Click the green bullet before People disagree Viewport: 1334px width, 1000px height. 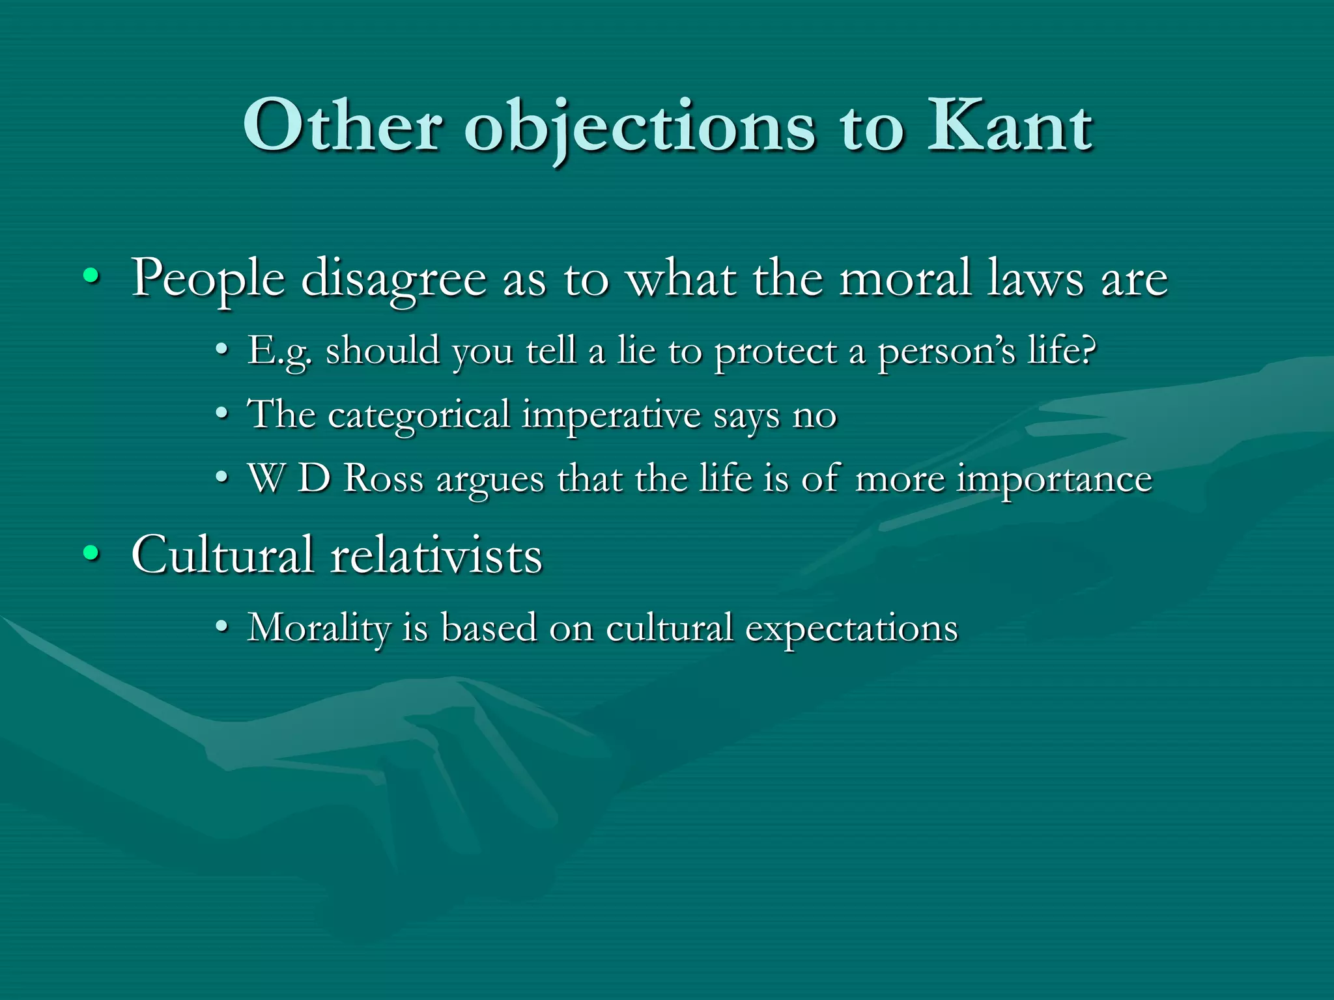pyautogui.click(x=91, y=279)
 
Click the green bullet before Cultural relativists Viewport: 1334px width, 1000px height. pyautogui.click(x=91, y=555)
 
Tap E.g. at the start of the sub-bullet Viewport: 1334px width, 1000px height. pyautogui.click(x=279, y=352)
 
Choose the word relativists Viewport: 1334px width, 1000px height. pyautogui.click(x=436, y=555)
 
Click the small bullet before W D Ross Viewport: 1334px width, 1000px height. pyautogui.click(x=222, y=478)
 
